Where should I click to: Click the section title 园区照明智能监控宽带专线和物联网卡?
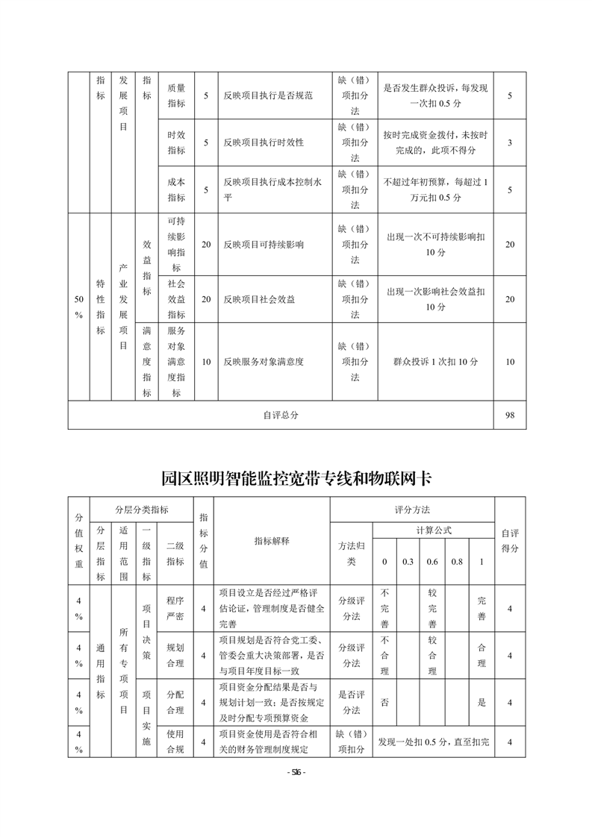click(296, 478)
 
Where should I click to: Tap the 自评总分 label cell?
click(281, 416)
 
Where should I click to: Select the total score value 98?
click(510, 416)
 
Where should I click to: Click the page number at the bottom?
click(296, 772)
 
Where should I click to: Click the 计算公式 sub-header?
click(434, 530)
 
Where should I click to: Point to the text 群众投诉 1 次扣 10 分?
click(435, 362)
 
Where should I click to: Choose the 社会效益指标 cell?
click(176, 298)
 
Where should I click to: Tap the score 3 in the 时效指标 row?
click(510, 142)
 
